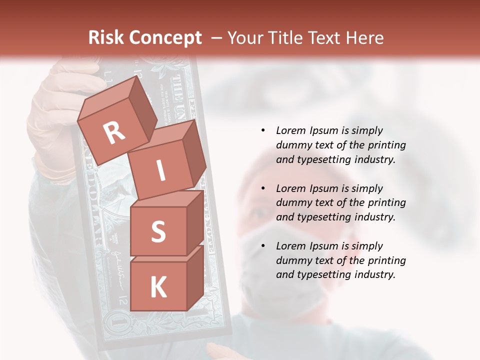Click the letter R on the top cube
click(114, 132)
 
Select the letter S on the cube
click(158, 231)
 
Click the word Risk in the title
click(106, 38)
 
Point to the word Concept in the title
click(165, 38)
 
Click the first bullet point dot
click(263, 131)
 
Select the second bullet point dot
click(263, 188)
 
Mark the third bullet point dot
click(263, 246)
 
